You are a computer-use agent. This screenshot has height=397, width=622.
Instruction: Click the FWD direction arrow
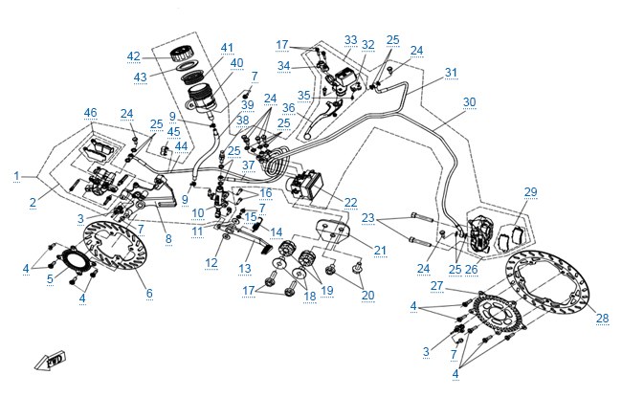pos(51,362)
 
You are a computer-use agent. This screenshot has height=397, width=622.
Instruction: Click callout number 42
pos(134,56)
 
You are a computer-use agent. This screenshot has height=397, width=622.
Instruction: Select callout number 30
pos(469,102)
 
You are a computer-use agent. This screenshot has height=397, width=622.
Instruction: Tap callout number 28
pos(602,318)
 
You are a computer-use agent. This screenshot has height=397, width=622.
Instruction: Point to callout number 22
pos(350,203)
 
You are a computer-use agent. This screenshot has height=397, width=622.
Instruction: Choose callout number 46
pos(91,113)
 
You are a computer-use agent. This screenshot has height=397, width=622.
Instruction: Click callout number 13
pos(245,269)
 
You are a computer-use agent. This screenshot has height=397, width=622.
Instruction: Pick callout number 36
pos(289,108)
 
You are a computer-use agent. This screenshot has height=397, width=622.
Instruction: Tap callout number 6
pos(149,294)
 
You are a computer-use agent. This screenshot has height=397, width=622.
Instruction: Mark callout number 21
pos(380,251)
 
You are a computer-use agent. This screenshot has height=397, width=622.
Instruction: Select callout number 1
pos(16,176)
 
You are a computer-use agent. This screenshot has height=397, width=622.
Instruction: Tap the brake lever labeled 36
pos(322,118)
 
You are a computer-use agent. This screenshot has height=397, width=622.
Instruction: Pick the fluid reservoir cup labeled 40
pos(202,98)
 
